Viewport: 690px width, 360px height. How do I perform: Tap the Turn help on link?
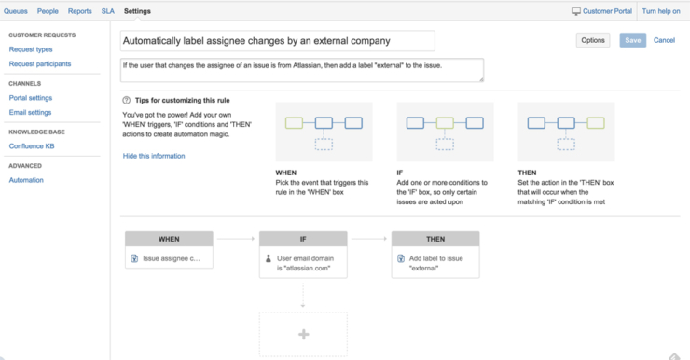pyautogui.click(x=662, y=11)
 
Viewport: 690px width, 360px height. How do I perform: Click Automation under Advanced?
pyautogui.click(x=26, y=180)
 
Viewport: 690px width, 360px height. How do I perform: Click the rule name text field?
pyautogui.click(x=278, y=41)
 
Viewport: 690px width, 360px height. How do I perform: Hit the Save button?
pyautogui.click(x=633, y=41)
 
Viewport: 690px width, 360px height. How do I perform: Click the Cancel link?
pyautogui.click(x=664, y=41)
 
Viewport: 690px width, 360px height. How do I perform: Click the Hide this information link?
pyautogui.click(x=154, y=156)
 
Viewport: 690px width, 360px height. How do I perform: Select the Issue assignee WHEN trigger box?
pyautogui.click(x=170, y=258)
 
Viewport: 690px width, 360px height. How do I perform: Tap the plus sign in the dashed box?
pyautogui.click(x=303, y=334)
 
